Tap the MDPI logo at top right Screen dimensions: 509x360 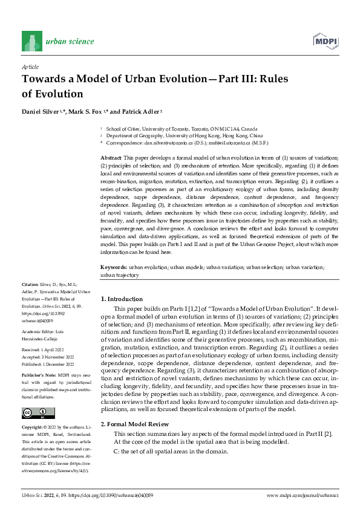325,41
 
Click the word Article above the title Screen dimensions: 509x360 30,66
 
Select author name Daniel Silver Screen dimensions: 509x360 41,112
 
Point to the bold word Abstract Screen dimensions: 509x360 110,157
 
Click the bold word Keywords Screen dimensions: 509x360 113,267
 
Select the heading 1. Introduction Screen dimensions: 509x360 121,299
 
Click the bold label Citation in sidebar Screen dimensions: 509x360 30,284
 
